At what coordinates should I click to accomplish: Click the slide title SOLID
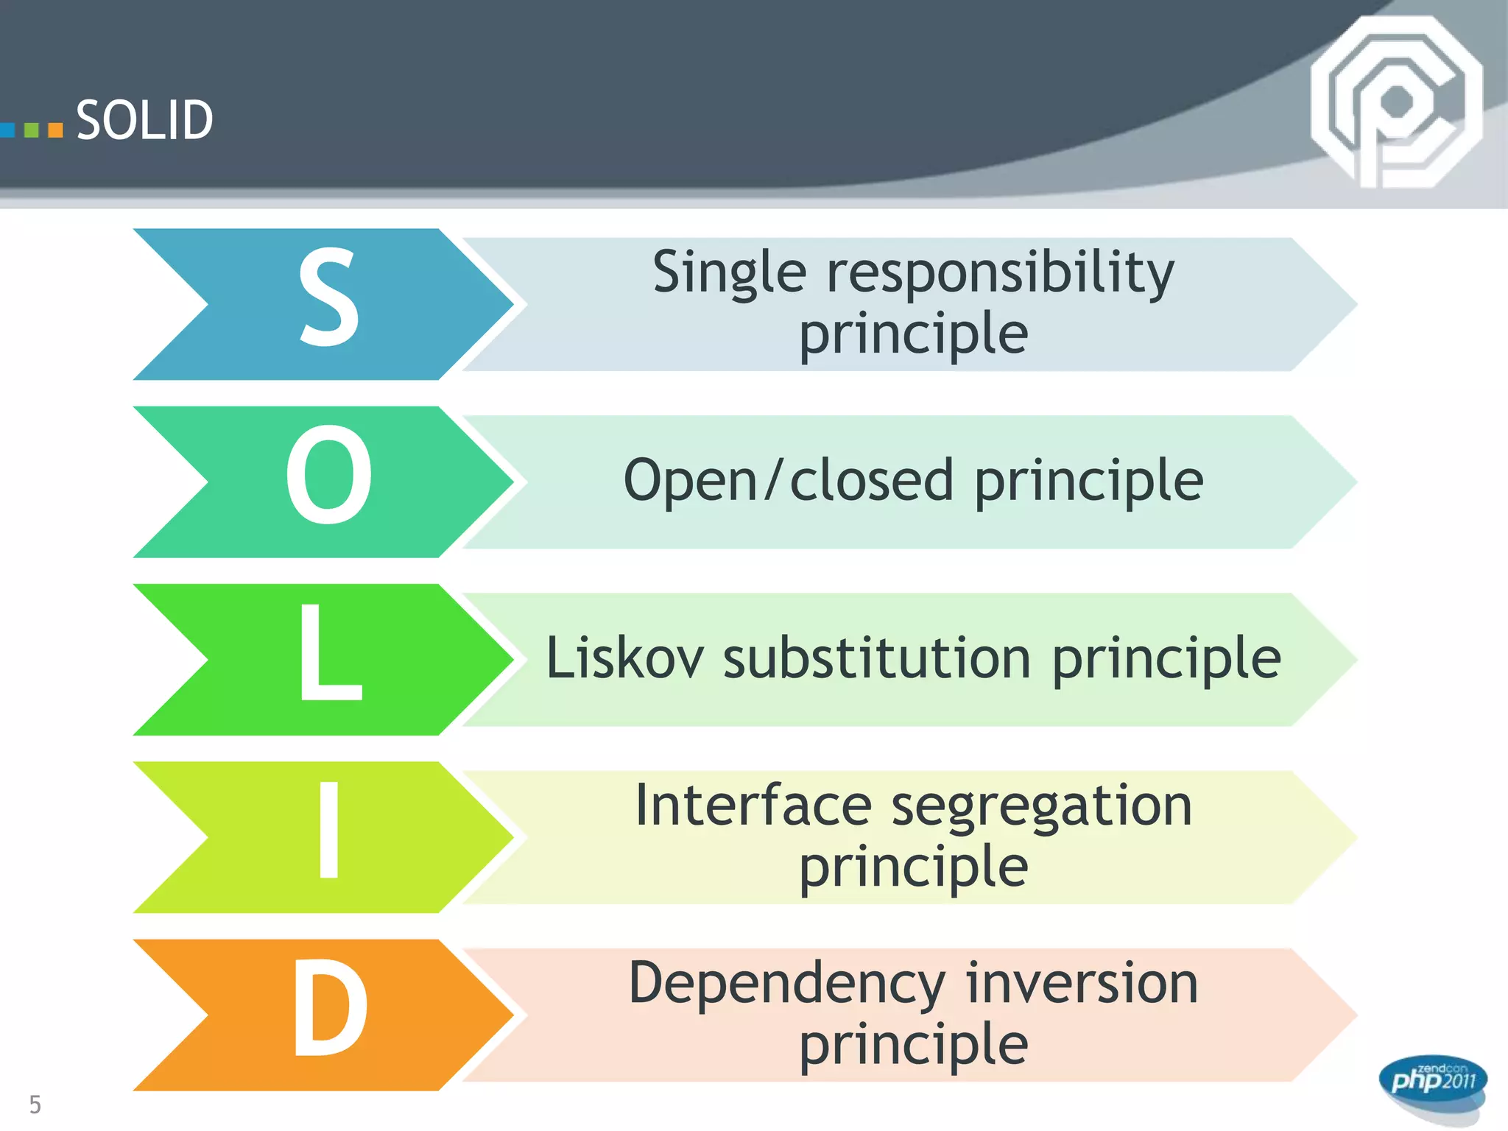[144, 120]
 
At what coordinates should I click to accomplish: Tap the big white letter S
[328, 297]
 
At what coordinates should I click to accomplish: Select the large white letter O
[328, 476]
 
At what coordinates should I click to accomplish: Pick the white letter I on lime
[328, 831]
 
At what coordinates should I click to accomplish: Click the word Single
[729, 272]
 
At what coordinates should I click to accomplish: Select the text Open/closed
[788, 480]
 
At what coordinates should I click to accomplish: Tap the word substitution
[876, 658]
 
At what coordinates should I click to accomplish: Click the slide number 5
[35, 1104]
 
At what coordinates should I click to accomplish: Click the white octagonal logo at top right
[1395, 102]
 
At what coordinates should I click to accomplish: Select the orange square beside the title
[55, 130]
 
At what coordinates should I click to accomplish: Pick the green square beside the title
[32, 130]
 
